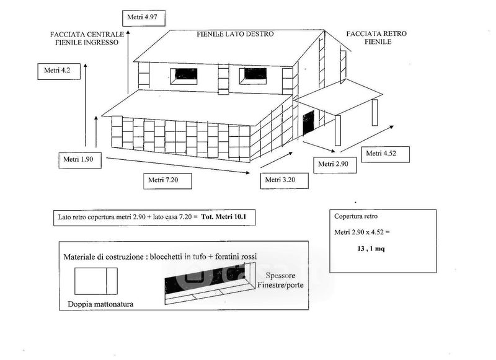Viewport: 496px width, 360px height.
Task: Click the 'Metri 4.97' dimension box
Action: [x=144, y=18]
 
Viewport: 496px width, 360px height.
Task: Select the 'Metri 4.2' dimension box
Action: [x=59, y=71]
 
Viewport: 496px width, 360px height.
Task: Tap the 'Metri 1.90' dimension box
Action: [x=80, y=160]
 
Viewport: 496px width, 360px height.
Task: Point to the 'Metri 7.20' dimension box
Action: [x=167, y=181]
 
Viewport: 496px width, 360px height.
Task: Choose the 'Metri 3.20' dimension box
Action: [x=284, y=181]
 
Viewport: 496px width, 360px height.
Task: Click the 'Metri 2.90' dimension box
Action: [x=335, y=165]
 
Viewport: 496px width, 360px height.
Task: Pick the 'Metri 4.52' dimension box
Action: [x=385, y=154]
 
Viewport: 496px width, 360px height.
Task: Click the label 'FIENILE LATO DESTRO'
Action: [x=235, y=34]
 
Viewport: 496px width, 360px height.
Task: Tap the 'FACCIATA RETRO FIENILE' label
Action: [x=376, y=38]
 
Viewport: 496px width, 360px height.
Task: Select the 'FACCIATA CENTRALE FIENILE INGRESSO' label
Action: [x=87, y=38]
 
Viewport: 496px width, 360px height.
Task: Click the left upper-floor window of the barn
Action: [x=184, y=76]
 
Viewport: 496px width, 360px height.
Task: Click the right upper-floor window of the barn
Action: [x=253, y=76]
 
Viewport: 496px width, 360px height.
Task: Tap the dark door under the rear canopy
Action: [x=308, y=123]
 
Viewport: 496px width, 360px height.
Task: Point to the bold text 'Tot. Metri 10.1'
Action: [x=223, y=217]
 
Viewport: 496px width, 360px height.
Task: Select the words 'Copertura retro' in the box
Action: [x=356, y=216]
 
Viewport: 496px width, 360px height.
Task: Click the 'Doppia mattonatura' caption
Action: [x=100, y=304]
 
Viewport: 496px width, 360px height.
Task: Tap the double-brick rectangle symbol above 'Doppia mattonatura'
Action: [x=96, y=281]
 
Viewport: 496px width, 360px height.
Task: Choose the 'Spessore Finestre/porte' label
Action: [x=280, y=280]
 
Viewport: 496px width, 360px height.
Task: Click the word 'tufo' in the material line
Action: [x=198, y=257]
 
